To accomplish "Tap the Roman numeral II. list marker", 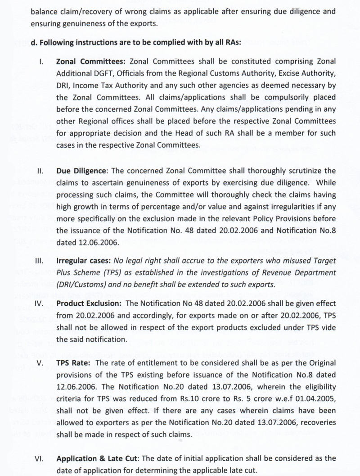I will pos(41,171).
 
